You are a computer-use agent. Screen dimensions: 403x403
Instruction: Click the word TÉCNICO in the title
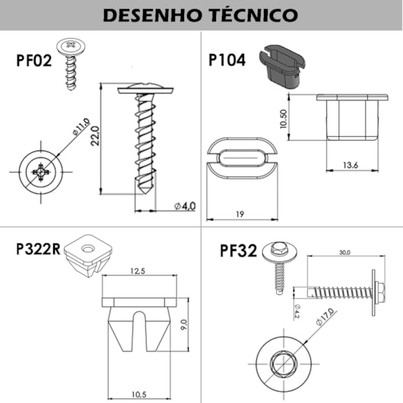pos(252,14)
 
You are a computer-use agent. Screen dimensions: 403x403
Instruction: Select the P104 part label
pos(228,61)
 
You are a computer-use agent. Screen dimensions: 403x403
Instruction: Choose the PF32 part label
pos(238,250)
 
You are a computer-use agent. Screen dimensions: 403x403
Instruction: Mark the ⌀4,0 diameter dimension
pos(184,205)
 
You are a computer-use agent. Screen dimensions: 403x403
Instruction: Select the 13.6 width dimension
pos(351,165)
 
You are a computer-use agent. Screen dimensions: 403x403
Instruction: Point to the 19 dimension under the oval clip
pos(239,214)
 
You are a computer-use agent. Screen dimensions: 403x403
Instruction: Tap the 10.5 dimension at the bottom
pos(138,394)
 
